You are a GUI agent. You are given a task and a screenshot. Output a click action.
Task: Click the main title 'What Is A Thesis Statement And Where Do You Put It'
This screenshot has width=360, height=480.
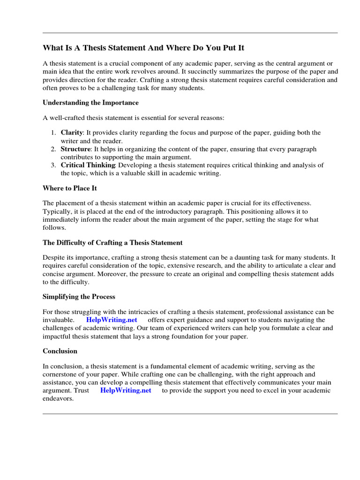pyautogui.click(x=143, y=48)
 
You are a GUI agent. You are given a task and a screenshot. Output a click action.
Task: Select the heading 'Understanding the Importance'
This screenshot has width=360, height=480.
pyautogui.click(x=90, y=102)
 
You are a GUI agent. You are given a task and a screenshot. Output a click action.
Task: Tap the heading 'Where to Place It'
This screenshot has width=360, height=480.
pyautogui.click(x=70, y=188)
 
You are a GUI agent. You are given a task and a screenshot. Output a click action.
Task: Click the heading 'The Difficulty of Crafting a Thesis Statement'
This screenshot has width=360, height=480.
pyautogui.click(x=112, y=242)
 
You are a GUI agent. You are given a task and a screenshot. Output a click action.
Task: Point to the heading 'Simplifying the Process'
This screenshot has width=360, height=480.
pyautogui.click(x=79, y=297)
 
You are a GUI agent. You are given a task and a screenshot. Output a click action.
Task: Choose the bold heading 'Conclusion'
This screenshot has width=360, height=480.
pyautogui.click(x=60, y=351)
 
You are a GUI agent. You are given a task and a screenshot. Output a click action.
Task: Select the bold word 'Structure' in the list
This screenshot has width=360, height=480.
pyautogui.click(x=75, y=149)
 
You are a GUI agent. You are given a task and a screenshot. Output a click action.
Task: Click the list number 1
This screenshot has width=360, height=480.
pyautogui.click(x=53, y=133)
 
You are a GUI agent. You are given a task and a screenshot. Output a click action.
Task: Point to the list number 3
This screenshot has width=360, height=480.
pyautogui.click(x=53, y=165)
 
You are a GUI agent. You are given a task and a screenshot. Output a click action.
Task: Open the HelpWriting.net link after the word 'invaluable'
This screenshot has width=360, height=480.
pyautogui.click(x=112, y=320)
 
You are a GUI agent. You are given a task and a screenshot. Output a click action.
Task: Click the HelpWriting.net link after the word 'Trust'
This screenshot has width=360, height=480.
pyautogui.click(x=126, y=390)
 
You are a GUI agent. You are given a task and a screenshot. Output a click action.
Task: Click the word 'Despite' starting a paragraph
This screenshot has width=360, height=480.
pyautogui.click(x=54, y=258)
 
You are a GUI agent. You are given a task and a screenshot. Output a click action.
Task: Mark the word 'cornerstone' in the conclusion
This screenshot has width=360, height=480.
pyautogui.click(x=60, y=375)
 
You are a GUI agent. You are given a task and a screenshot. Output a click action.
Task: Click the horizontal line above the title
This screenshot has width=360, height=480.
pyautogui.click(x=190, y=33)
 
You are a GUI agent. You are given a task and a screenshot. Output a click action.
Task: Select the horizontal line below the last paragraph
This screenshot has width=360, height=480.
pyautogui.click(x=190, y=414)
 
